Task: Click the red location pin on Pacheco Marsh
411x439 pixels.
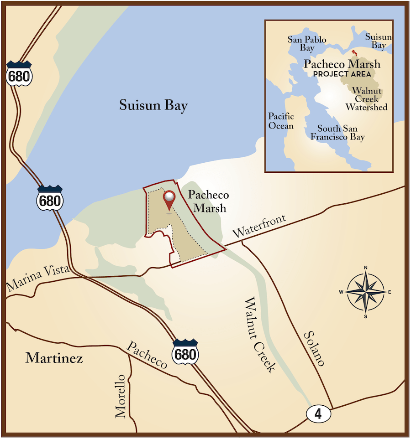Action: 169,200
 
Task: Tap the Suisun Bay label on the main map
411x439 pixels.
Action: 153,106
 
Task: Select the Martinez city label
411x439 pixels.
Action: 54,358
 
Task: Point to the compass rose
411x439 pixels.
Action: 365,291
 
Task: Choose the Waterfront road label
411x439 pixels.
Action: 259,226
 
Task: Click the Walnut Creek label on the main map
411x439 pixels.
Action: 260,335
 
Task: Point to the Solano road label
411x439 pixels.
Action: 315,349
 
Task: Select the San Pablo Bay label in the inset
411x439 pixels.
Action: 306,43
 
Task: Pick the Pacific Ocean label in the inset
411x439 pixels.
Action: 281,121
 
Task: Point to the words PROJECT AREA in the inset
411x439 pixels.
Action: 342,73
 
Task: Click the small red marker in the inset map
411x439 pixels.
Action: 355,52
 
